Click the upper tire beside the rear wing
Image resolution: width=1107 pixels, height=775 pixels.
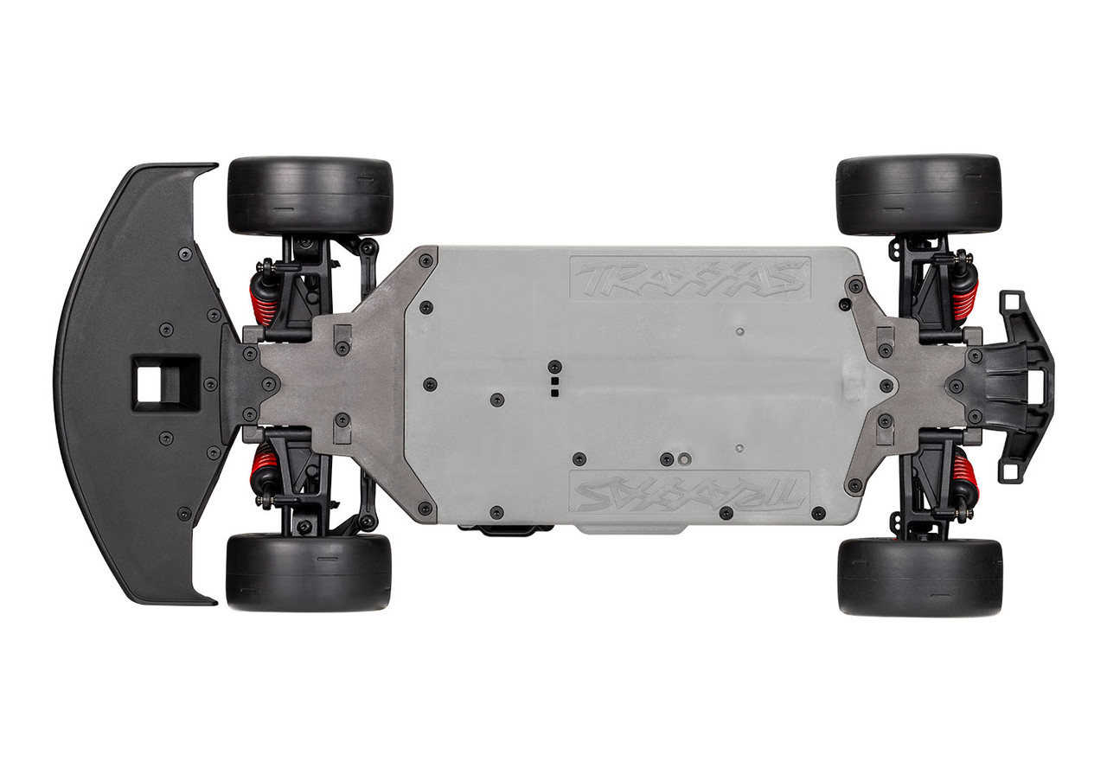pyautogui.click(x=309, y=195)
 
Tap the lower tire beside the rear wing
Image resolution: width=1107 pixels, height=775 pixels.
pyautogui.click(x=309, y=572)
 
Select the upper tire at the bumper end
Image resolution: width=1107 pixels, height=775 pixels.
pyautogui.click(x=918, y=195)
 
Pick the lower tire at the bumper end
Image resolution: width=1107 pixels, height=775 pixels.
pyautogui.click(x=919, y=577)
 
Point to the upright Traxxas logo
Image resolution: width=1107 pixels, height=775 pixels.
pyautogui.click(x=689, y=279)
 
